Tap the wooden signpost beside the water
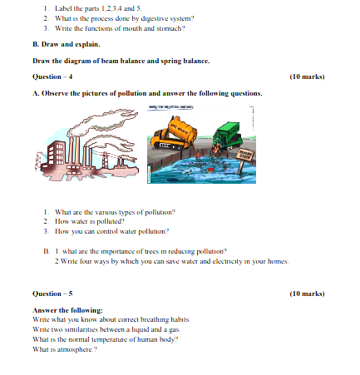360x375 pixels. (x=247, y=156)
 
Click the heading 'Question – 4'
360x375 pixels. (x=52, y=76)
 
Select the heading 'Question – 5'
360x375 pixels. (x=52, y=294)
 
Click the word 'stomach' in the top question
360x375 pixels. (x=170, y=29)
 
